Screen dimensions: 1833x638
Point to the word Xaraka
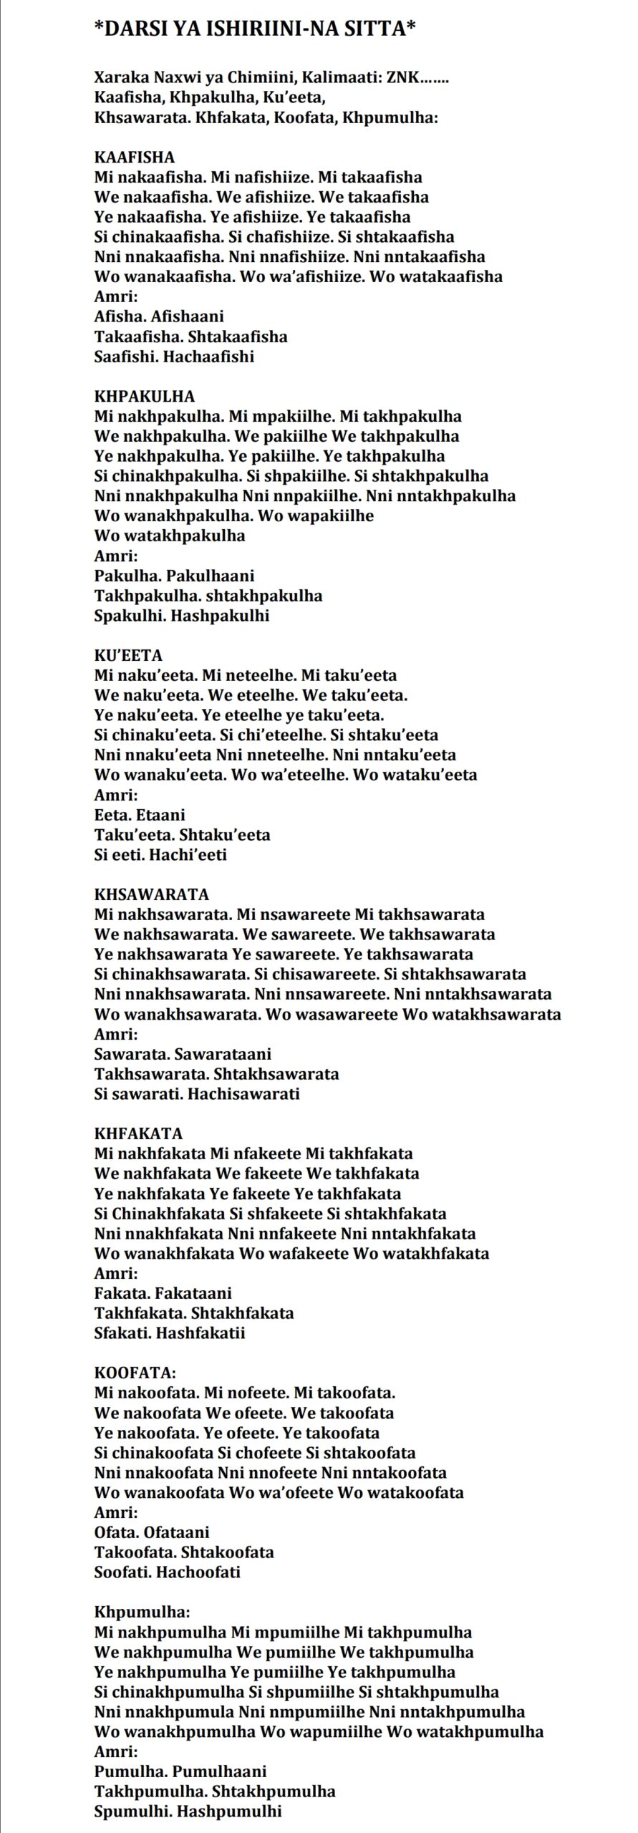[119, 77]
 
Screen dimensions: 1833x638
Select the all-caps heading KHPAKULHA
[145, 396]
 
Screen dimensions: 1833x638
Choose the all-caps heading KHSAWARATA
[152, 894]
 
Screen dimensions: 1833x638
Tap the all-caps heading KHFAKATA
[139, 1133]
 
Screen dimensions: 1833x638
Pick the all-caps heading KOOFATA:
[135, 1373]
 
